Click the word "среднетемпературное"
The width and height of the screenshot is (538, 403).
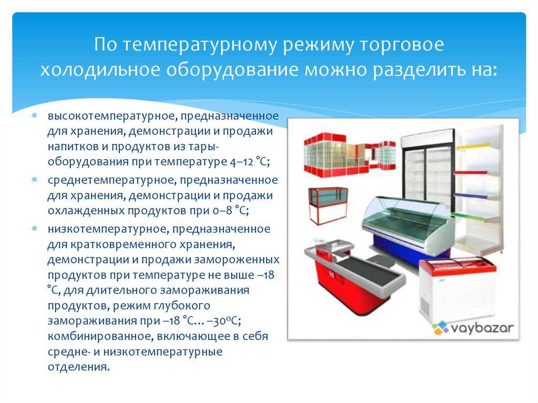click(x=112, y=180)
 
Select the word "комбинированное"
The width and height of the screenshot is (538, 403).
click(x=100, y=336)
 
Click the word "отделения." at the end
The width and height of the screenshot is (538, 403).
click(x=79, y=367)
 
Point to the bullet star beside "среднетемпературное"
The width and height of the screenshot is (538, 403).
click(x=34, y=180)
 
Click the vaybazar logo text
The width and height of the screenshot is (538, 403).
click(x=482, y=328)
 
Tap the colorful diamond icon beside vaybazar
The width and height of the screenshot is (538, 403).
click(x=440, y=328)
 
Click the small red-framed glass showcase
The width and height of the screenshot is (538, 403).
click(x=328, y=205)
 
